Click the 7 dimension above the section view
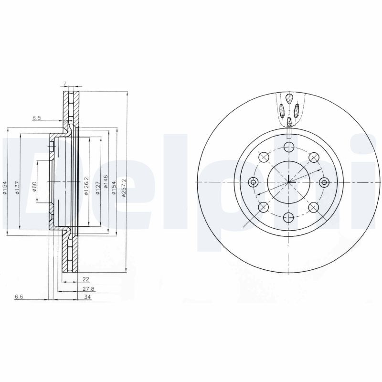[x=64, y=84]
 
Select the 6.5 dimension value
[x=37, y=118]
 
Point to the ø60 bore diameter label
[x=34, y=187]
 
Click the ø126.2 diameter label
[x=85, y=186]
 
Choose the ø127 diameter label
[x=97, y=188]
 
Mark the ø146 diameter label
[x=106, y=181]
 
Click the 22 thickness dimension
[x=86, y=279]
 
